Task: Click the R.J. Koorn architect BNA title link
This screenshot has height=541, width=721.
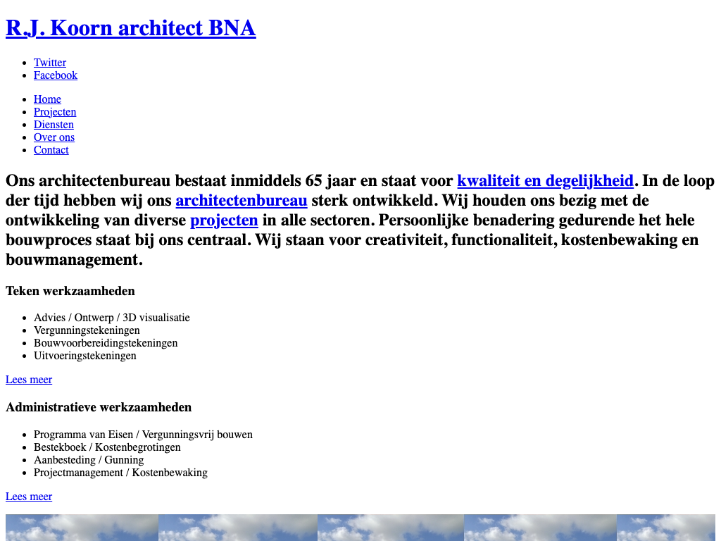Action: click(x=130, y=28)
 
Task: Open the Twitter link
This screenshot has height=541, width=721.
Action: click(x=50, y=63)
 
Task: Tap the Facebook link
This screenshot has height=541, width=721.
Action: click(x=56, y=75)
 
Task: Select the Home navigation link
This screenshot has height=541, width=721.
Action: click(x=47, y=99)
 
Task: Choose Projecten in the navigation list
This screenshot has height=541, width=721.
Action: click(x=55, y=112)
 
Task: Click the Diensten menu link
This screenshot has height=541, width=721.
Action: click(x=54, y=125)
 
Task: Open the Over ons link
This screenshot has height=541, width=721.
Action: click(x=54, y=137)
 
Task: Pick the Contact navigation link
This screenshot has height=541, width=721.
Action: click(x=51, y=150)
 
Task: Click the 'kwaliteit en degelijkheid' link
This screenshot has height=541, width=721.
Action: click(x=545, y=181)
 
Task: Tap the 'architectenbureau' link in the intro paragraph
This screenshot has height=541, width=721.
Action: click(x=242, y=201)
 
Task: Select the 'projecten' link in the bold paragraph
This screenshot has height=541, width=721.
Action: click(x=224, y=220)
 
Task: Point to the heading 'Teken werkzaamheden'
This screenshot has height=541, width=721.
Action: click(x=70, y=291)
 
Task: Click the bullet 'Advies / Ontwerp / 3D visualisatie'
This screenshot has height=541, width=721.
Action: click(x=112, y=318)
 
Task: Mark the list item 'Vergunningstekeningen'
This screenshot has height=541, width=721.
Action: click(x=87, y=330)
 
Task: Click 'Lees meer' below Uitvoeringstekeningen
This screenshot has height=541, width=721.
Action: click(x=29, y=380)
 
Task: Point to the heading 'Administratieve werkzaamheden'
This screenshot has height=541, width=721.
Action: click(x=99, y=407)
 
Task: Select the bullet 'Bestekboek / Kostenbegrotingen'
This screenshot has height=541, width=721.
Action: click(x=107, y=447)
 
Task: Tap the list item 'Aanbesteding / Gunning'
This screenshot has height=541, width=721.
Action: click(x=89, y=460)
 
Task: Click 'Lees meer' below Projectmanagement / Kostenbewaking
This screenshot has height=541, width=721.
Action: click(x=29, y=497)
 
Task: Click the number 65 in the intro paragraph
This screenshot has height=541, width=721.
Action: click(x=315, y=181)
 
